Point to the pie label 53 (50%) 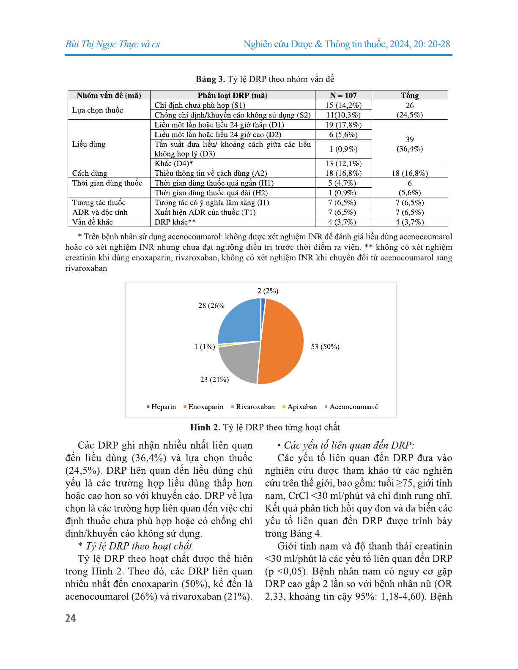[325, 347]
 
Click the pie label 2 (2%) [268, 291]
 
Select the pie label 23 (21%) [214, 379]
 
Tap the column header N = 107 [343, 96]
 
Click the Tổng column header [409, 96]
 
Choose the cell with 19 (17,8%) [343, 125]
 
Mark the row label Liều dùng [89, 144]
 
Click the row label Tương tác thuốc [99, 202]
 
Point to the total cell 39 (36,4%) [409, 144]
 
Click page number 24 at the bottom [71, 618]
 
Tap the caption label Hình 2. [205, 427]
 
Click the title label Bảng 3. [210, 79]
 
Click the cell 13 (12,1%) [343, 164]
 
